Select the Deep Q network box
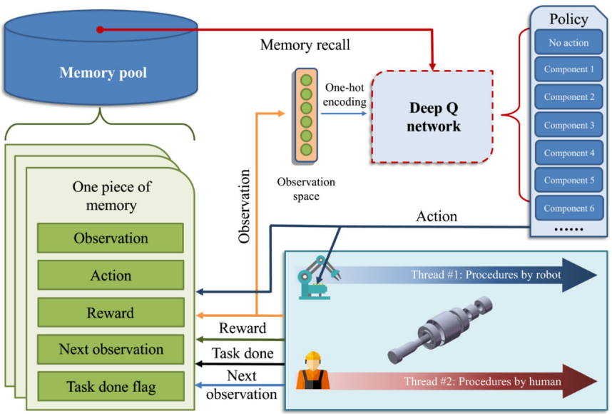click(x=434, y=117)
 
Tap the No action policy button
click(x=568, y=43)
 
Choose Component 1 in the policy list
click(x=568, y=70)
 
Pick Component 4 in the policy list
click(x=568, y=153)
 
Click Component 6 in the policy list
click(x=568, y=208)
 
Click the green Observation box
click(x=111, y=238)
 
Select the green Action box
click(x=111, y=276)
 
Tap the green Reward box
click(x=111, y=313)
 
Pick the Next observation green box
click(x=111, y=350)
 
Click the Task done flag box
click(x=111, y=387)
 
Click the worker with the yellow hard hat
click(x=311, y=371)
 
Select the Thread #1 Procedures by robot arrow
click(x=485, y=276)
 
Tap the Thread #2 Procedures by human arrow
click(x=485, y=381)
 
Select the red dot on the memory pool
click(x=101, y=29)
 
